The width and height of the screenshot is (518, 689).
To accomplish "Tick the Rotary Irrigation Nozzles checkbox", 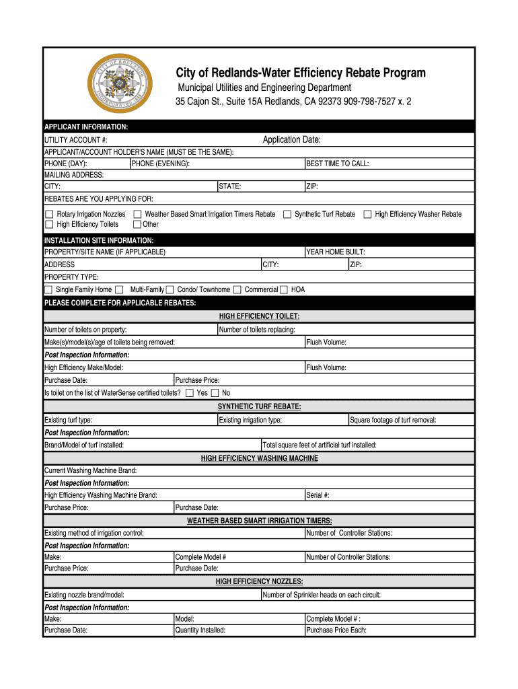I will point(48,214).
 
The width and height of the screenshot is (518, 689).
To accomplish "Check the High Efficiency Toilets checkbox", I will point(48,224).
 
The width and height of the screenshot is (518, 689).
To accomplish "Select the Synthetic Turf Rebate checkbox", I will point(287,214).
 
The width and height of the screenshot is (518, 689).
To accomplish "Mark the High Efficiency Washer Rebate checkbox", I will point(367,214).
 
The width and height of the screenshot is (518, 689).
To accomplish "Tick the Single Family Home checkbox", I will point(48,289).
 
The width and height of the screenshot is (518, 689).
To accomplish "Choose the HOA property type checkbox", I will point(283,289).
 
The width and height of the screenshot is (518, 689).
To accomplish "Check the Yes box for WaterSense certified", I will point(189,392).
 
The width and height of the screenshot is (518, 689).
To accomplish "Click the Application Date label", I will point(291,139).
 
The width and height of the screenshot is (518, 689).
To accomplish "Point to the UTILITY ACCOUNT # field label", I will point(75,140).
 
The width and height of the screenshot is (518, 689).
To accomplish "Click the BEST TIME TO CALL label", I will point(337,164).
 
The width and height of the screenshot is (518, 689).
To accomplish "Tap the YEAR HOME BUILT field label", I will point(336,252).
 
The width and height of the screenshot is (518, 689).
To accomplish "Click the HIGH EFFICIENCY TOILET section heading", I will point(259,316).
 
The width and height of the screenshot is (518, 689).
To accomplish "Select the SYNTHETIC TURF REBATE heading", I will point(259,406).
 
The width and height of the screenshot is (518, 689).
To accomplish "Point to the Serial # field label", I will point(318,495).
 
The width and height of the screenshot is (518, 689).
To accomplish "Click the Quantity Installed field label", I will point(200,630).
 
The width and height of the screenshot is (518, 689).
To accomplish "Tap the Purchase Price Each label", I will point(336,630).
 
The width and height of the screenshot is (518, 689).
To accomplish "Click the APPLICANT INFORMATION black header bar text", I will point(86,127).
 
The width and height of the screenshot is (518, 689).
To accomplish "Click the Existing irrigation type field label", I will point(250,420).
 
